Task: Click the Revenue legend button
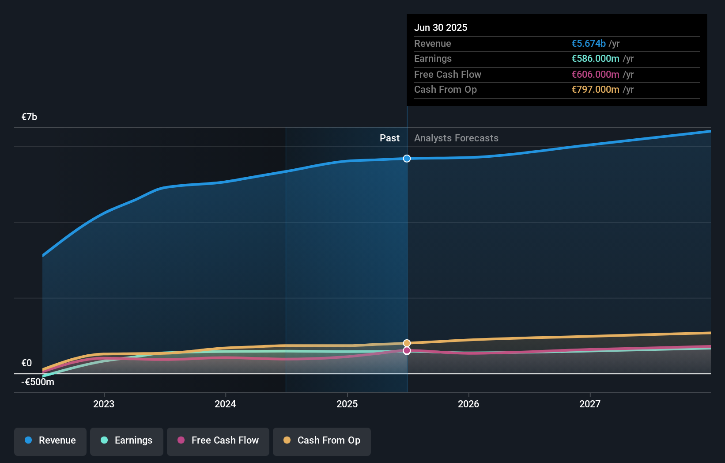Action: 50,441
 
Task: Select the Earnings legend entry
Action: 127,441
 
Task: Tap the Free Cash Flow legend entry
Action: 218,441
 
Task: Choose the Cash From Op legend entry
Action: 322,441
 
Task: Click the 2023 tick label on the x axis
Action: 104,404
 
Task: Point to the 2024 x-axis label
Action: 225,404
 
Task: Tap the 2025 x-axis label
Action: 347,404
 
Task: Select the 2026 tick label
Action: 468,404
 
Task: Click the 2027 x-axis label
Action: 590,404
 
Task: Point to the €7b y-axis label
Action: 29,117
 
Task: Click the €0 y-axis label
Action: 26,363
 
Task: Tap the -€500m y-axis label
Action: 38,382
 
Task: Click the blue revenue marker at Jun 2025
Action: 407,159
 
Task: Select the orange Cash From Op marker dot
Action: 407,343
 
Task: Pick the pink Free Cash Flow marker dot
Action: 407,351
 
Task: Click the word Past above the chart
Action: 389,138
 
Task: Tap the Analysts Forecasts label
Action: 456,138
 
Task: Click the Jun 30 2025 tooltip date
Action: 440,28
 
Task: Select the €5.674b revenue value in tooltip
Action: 588,44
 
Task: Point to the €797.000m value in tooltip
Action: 595,90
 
